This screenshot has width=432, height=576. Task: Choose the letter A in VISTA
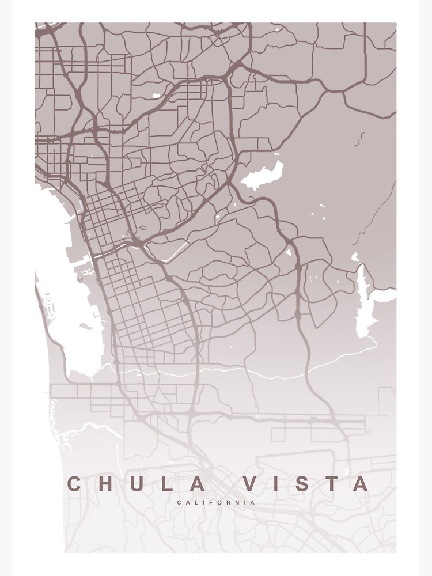tap(360, 484)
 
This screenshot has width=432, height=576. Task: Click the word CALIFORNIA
tap(216, 503)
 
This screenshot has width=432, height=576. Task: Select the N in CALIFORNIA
tap(236, 503)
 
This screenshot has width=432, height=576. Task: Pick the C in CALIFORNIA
tap(180, 503)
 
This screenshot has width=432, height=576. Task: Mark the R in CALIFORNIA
tap(227, 503)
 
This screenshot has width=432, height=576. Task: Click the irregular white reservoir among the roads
tap(262, 176)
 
